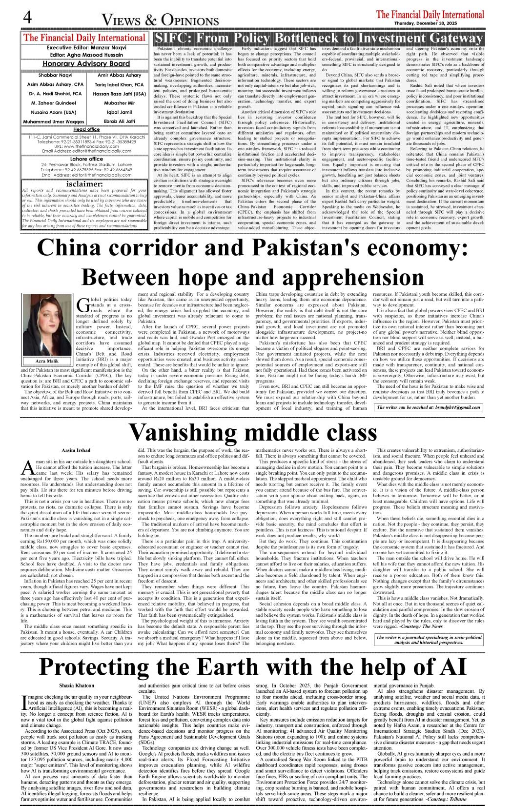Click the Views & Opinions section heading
point(160,20)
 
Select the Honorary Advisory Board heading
point(86,63)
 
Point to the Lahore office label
point(86,159)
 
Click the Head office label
point(86,129)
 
